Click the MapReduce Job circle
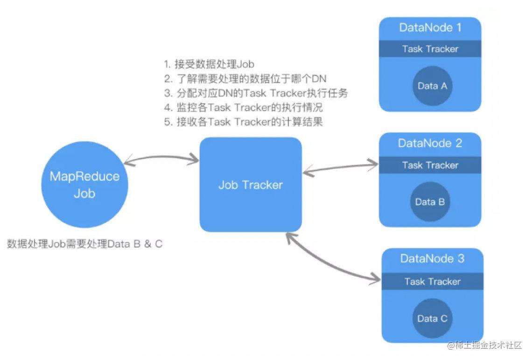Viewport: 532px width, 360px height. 84,185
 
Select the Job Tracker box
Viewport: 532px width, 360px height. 251,185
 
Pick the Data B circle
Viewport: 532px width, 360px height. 430,202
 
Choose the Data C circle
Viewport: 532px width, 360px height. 432,318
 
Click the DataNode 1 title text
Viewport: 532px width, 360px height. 430,28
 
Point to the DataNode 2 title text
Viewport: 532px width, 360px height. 430,143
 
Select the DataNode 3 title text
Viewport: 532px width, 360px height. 432,258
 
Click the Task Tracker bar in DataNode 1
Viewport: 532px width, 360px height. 430,48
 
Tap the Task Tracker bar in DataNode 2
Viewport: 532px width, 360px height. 430,165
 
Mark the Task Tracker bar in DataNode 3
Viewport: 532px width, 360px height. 432,281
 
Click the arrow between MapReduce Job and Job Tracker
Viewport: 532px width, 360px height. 161,158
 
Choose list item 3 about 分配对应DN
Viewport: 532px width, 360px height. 256,93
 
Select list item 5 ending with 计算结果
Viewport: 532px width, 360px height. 243,122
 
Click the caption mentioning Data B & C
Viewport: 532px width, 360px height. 85,244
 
